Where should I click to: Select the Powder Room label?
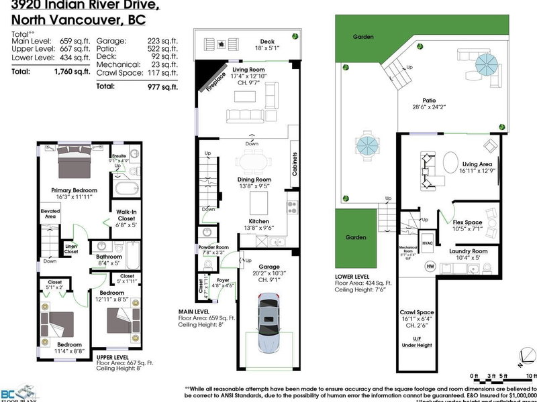click(213, 247)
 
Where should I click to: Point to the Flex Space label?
click(468, 221)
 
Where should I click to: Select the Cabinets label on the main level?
click(295, 163)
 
